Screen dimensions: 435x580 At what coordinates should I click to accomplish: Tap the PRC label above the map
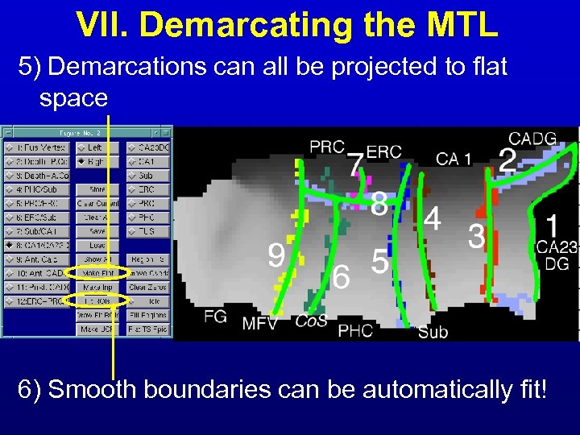click(327, 147)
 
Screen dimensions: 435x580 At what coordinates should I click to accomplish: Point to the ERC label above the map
click(386, 152)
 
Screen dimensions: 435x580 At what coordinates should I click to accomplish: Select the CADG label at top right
click(532, 139)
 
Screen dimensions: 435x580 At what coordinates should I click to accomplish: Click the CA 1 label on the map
click(454, 159)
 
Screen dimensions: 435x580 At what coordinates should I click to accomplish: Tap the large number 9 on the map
click(276, 257)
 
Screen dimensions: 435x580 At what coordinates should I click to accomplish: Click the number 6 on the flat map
click(342, 278)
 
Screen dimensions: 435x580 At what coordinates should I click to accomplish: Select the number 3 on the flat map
click(477, 237)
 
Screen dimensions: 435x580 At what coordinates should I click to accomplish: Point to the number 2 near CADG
click(507, 160)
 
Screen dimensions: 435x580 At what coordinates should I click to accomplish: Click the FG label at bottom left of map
click(215, 317)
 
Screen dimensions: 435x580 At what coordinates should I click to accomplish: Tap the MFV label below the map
click(260, 324)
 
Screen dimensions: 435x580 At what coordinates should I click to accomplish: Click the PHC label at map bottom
click(354, 330)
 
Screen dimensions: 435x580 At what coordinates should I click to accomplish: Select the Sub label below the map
click(433, 331)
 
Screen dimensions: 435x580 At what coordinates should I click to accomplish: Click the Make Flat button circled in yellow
click(97, 273)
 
